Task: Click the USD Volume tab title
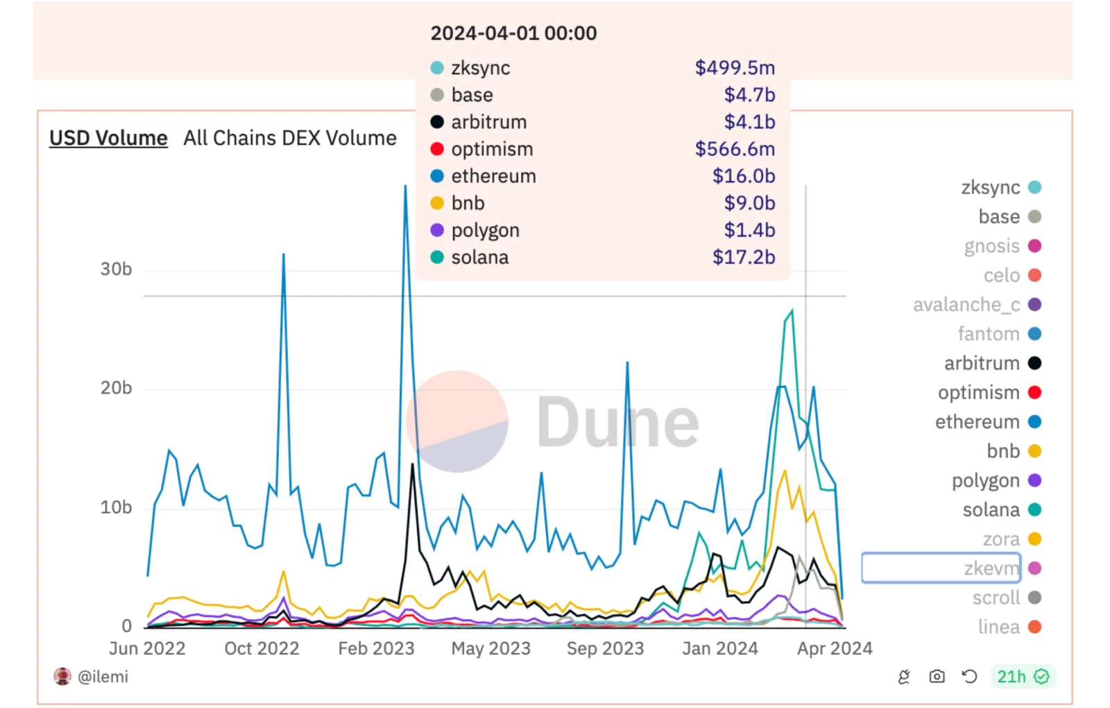(108, 138)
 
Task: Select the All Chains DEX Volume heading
(290, 138)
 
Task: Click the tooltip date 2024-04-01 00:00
(513, 33)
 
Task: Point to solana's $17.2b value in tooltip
(743, 258)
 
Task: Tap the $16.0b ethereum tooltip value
(743, 176)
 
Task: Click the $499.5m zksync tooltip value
(735, 68)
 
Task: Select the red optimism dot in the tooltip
(437, 149)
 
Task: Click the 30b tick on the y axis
(116, 269)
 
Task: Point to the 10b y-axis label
(116, 507)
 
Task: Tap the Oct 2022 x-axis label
(262, 648)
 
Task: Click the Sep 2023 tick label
(605, 648)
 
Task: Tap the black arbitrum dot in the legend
(1034, 363)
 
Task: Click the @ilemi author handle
(103, 676)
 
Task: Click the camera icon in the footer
(937, 676)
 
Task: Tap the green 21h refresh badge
(1023, 676)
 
